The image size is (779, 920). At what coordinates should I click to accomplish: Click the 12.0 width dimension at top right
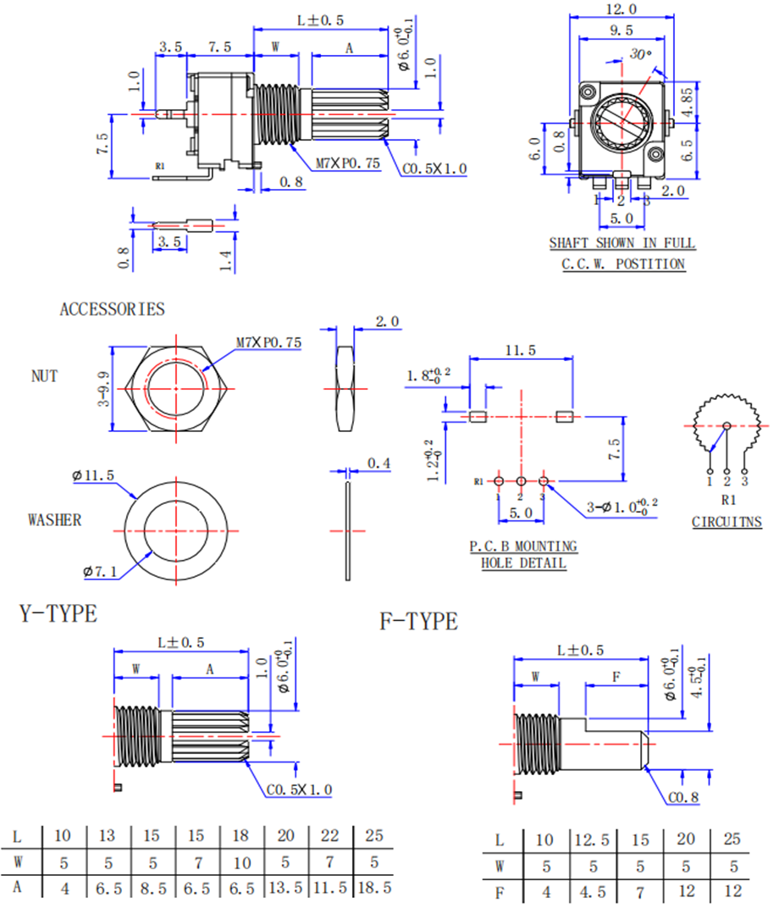click(x=622, y=9)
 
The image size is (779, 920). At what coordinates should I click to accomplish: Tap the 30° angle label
click(x=642, y=54)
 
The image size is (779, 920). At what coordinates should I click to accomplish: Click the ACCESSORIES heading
click(x=112, y=309)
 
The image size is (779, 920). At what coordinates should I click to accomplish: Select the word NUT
click(x=45, y=375)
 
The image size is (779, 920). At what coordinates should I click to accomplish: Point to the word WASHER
click(x=55, y=519)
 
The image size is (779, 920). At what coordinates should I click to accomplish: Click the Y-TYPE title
click(x=58, y=613)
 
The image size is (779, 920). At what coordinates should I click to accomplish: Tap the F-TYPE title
click(x=418, y=622)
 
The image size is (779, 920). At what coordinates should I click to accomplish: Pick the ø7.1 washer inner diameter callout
click(x=99, y=573)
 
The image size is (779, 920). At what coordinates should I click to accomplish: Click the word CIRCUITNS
click(x=727, y=522)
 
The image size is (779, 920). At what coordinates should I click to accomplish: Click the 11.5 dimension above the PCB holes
click(x=520, y=350)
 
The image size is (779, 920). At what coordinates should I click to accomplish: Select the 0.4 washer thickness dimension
click(x=378, y=463)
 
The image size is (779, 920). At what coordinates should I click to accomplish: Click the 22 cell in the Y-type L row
click(x=330, y=836)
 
